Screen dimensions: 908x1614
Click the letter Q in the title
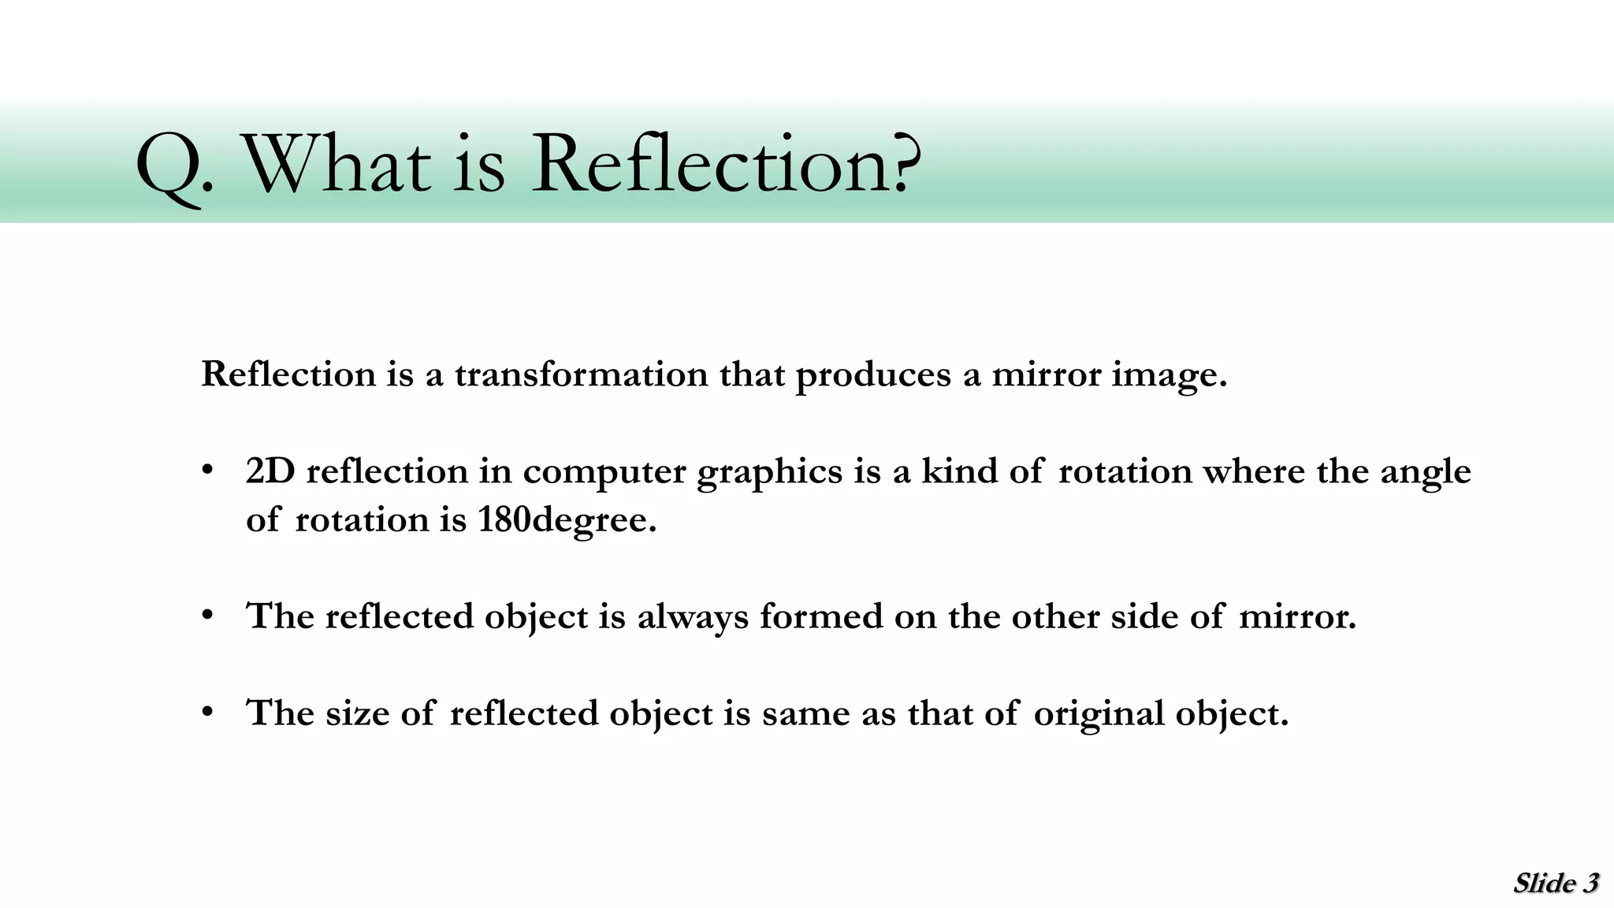pyautogui.click(x=167, y=167)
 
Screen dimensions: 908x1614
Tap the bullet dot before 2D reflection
pyautogui.click(x=208, y=471)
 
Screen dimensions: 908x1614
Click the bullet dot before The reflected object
pyautogui.click(x=208, y=615)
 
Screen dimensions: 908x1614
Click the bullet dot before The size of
pyautogui.click(x=208, y=713)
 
